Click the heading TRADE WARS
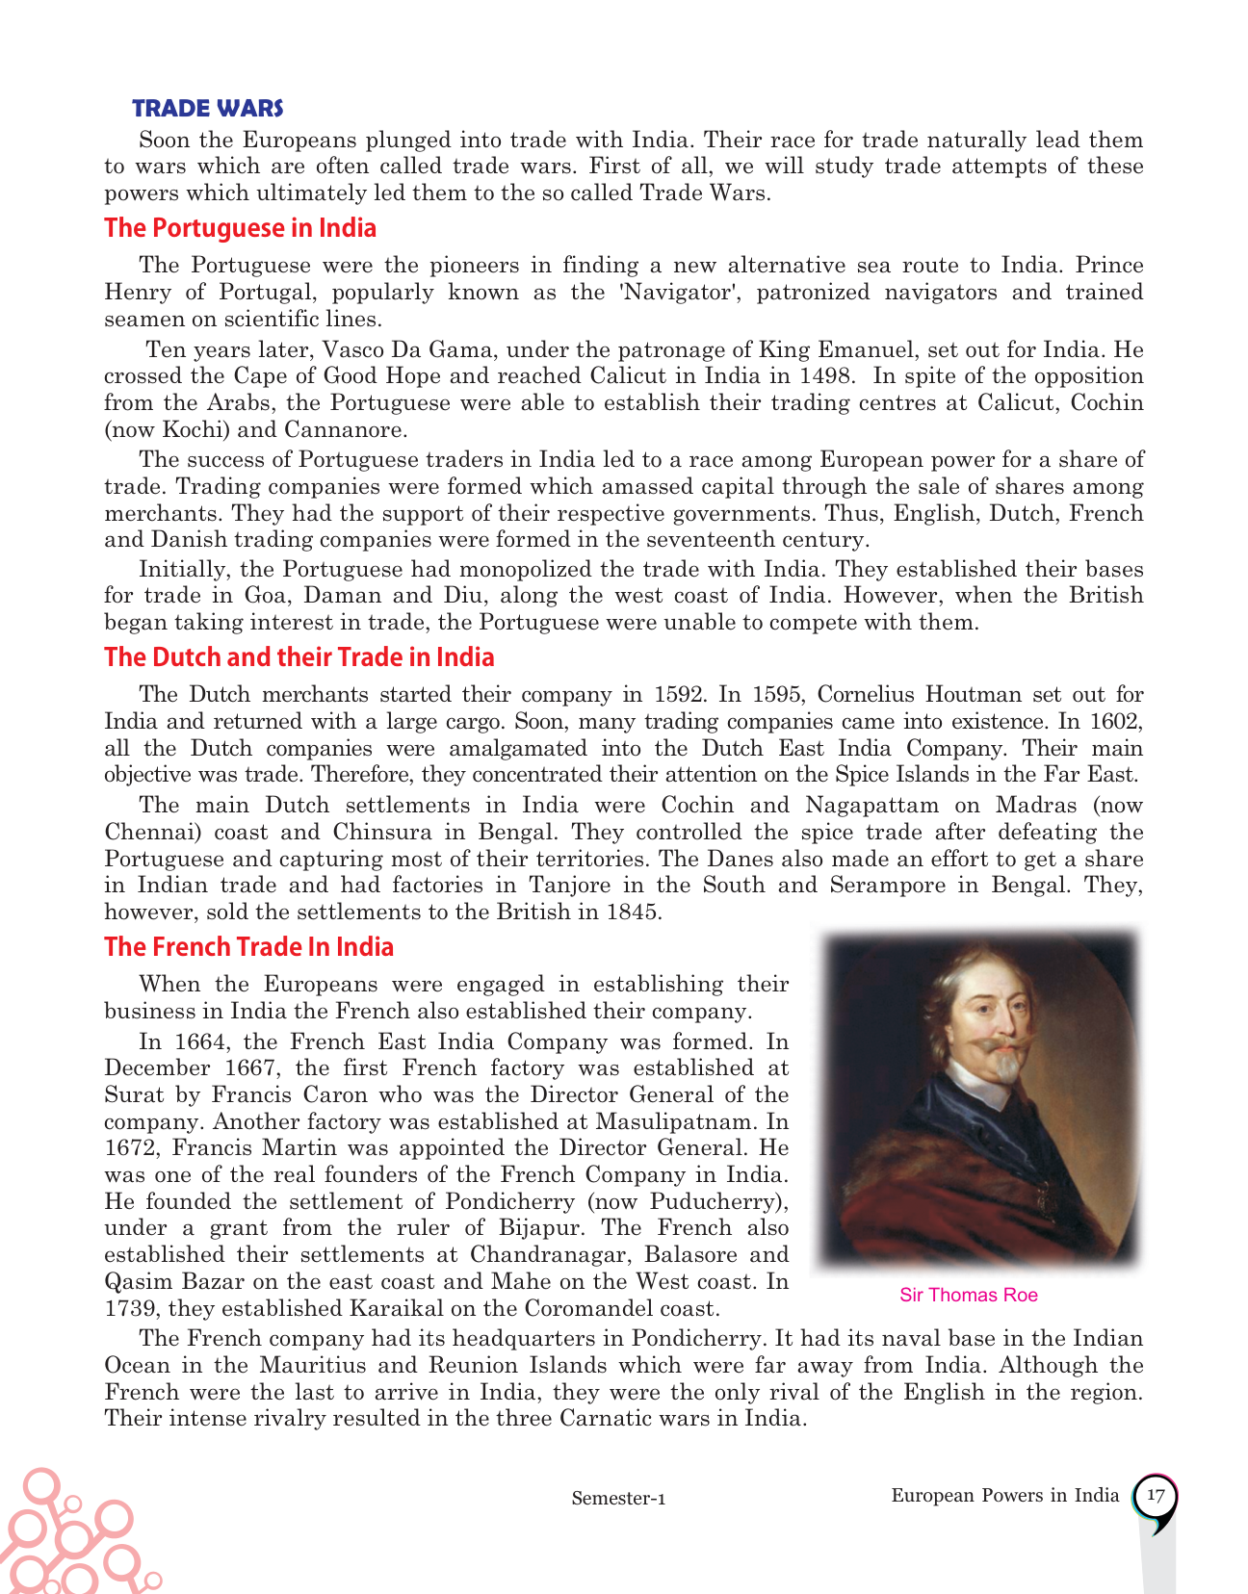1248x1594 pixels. (x=207, y=108)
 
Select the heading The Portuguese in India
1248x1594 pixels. (x=240, y=228)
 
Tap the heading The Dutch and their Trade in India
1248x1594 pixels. (x=299, y=657)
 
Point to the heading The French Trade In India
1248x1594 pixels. (x=248, y=947)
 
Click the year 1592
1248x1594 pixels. (x=679, y=695)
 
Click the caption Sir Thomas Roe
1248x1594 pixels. (x=969, y=1296)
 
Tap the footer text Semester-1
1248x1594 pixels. (x=618, y=1499)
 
